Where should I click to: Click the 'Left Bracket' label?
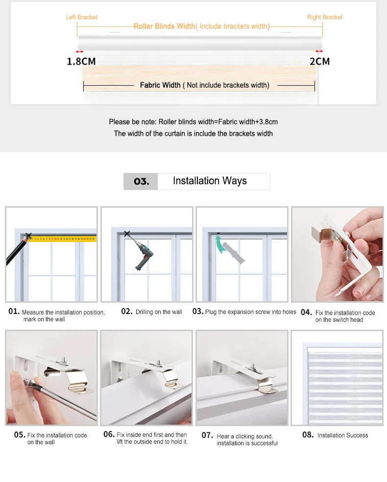[x=81, y=17]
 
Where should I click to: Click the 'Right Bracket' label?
[x=325, y=17]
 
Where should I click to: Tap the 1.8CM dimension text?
[x=81, y=62]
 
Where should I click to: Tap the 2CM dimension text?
[x=320, y=62]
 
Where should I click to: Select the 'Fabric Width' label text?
[x=160, y=85]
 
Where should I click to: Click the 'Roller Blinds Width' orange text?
[x=165, y=26]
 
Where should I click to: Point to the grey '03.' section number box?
[x=141, y=181]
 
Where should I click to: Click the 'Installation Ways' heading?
[x=210, y=181]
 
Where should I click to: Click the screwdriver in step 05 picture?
[x=61, y=399]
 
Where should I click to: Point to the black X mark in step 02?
[x=127, y=234]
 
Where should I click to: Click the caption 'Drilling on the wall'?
[x=159, y=312]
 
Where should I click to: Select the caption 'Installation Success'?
[x=343, y=435]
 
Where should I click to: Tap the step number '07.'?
[x=207, y=435]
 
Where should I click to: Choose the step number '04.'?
[x=307, y=313]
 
